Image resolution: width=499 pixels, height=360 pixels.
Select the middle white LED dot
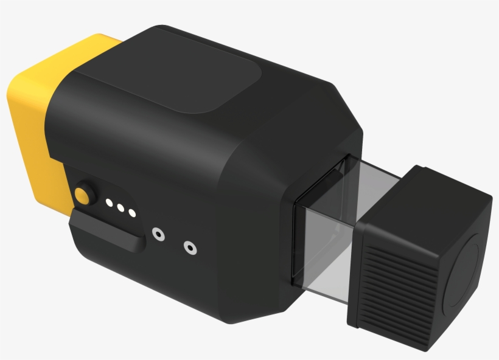[x=120, y=207]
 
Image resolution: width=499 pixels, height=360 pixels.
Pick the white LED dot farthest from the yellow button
[x=131, y=213]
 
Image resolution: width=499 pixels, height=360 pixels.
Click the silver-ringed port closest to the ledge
[x=158, y=233]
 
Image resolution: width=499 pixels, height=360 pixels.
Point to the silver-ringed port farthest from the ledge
[x=190, y=247]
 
